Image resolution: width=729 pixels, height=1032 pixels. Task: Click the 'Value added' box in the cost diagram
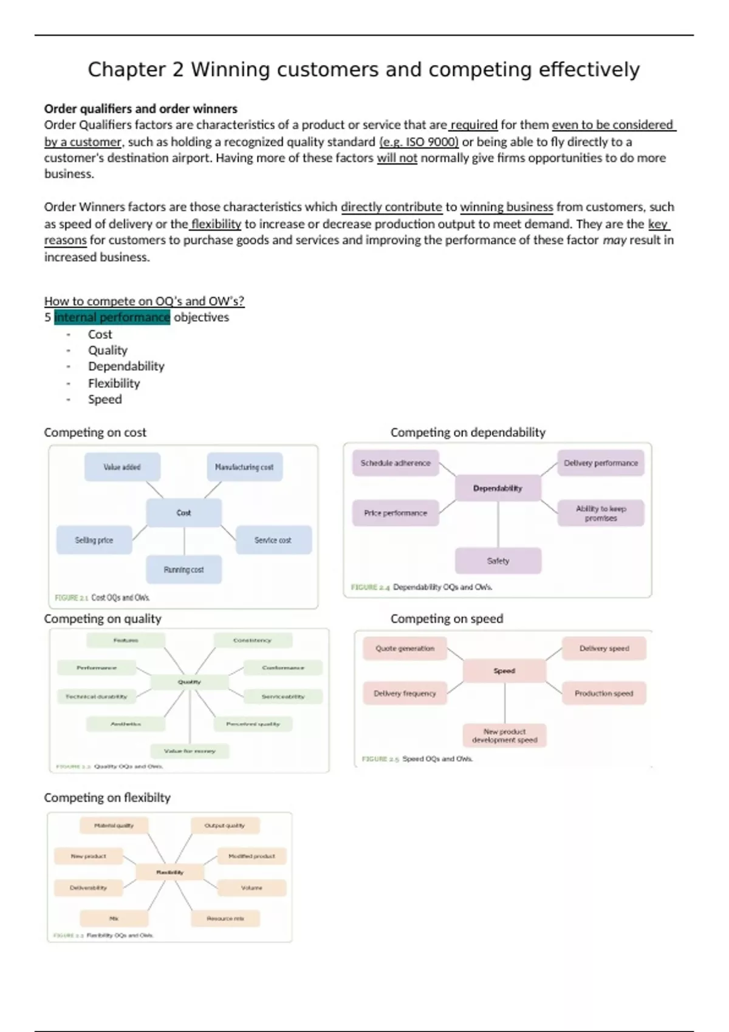(x=122, y=467)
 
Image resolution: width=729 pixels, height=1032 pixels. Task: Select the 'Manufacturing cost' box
(x=244, y=467)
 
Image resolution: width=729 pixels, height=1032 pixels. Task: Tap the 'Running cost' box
(x=183, y=569)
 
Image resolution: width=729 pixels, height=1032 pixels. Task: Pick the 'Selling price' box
(x=94, y=540)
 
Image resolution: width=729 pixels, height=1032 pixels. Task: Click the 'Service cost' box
(x=273, y=540)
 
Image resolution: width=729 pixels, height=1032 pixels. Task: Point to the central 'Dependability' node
(x=498, y=488)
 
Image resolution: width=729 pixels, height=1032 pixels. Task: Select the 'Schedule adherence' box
(x=395, y=463)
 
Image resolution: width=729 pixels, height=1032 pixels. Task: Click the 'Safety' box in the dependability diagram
(x=498, y=561)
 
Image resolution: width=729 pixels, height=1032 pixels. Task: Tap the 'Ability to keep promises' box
(x=601, y=513)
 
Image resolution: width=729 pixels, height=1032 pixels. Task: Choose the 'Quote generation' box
(x=405, y=648)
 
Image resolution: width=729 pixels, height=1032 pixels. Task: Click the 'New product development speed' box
(x=505, y=736)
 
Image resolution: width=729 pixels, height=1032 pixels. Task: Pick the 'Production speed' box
(x=604, y=693)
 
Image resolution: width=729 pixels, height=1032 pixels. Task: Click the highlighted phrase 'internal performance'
(x=112, y=317)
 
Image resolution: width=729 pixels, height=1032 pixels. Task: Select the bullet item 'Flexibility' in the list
(x=114, y=383)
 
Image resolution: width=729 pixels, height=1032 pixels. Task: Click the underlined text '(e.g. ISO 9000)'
(x=419, y=141)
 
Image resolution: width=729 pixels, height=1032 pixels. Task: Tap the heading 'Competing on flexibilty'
(x=107, y=797)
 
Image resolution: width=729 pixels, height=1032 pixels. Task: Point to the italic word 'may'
(x=614, y=240)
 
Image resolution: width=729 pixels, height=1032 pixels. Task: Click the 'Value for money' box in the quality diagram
(x=190, y=751)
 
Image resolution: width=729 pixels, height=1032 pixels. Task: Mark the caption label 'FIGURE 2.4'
(x=370, y=587)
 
